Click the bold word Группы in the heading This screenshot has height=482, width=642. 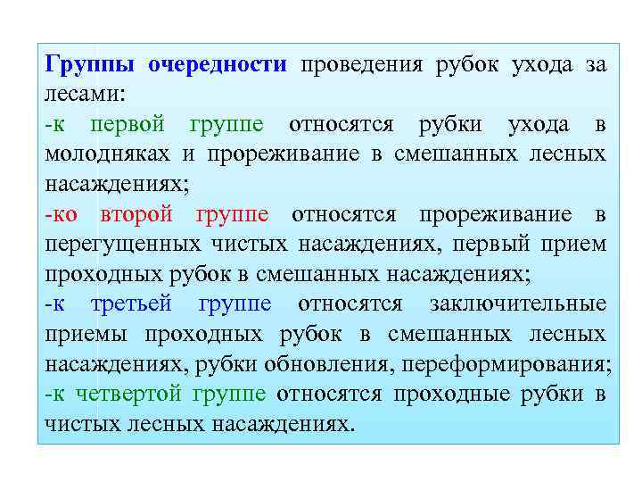click(x=90, y=65)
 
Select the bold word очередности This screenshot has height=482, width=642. click(x=218, y=65)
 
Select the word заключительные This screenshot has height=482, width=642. click(x=517, y=304)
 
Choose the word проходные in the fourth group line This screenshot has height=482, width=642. click(x=457, y=394)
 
